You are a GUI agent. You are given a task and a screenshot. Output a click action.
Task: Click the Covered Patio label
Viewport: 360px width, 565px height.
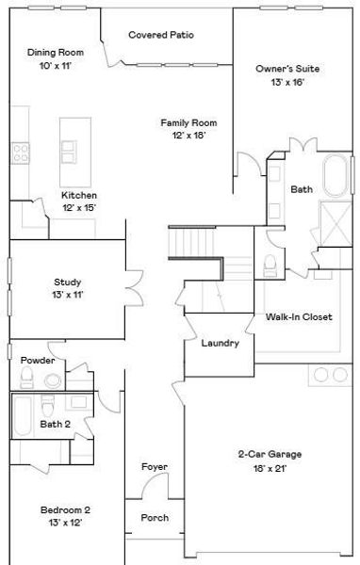(161, 35)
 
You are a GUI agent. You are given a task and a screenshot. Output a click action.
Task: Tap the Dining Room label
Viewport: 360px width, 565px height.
(56, 54)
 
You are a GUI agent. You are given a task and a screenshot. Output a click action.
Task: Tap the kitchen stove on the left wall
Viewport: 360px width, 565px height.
(19, 153)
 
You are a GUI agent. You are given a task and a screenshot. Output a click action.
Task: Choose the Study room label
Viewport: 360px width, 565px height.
(67, 282)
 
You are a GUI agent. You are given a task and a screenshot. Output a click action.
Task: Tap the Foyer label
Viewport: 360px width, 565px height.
(155, 467)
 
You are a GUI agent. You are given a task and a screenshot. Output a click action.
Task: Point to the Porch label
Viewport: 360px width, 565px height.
(155, 518)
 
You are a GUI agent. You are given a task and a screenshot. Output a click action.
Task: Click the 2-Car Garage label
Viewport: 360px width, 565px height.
(269, 454)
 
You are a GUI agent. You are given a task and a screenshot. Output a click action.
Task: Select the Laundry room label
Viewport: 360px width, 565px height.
(220, 343)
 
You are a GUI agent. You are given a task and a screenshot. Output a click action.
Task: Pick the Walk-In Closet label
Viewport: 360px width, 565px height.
(299, 317)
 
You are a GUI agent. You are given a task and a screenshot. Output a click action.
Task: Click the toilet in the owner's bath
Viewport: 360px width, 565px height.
(270, 265)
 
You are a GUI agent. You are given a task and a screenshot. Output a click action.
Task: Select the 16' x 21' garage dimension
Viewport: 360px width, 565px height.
(269, 468)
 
